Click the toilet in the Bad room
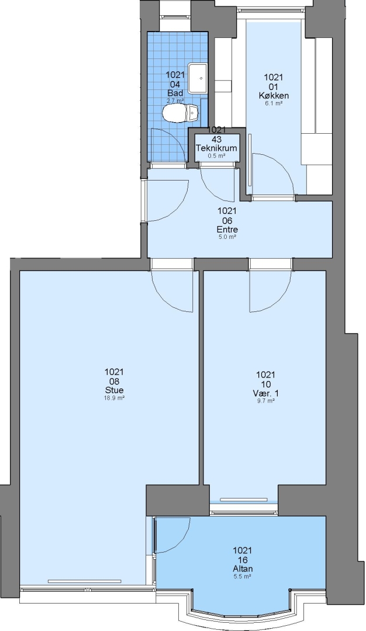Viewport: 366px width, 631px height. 181,113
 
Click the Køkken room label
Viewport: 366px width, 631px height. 274,96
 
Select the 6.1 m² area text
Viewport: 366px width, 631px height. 274,103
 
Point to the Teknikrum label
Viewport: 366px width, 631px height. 216,148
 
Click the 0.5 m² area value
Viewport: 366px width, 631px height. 216,156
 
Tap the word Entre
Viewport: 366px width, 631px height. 227,230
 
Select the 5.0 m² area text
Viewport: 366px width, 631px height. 227,237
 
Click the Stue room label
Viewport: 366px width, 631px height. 115,390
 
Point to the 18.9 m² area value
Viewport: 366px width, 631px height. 115,398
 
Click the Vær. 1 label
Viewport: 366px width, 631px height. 266,393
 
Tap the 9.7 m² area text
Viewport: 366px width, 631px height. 266,401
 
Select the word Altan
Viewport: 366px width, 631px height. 243,568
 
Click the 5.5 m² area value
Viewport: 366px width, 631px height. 243,576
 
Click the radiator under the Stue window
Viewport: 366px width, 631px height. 85,581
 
